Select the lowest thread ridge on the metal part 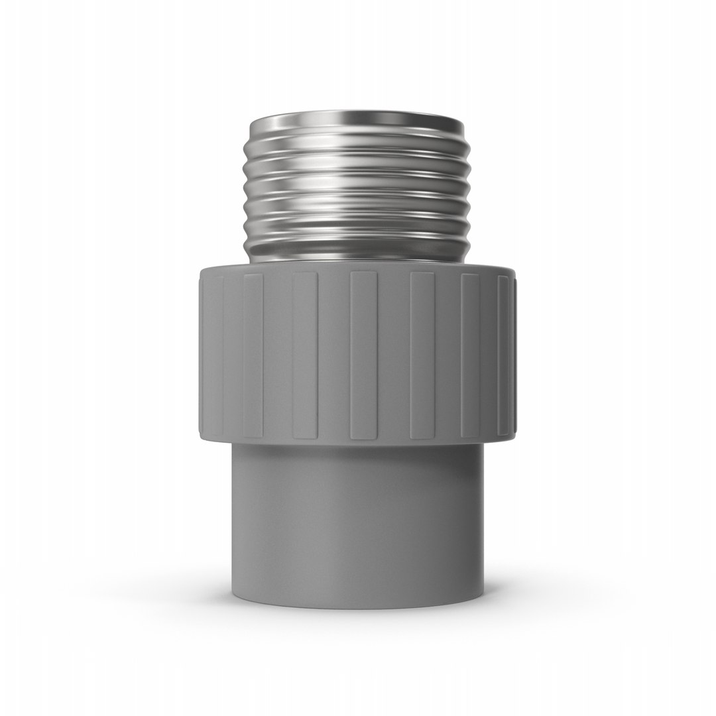358,229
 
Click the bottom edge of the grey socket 358,606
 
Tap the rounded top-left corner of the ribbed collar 203,273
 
